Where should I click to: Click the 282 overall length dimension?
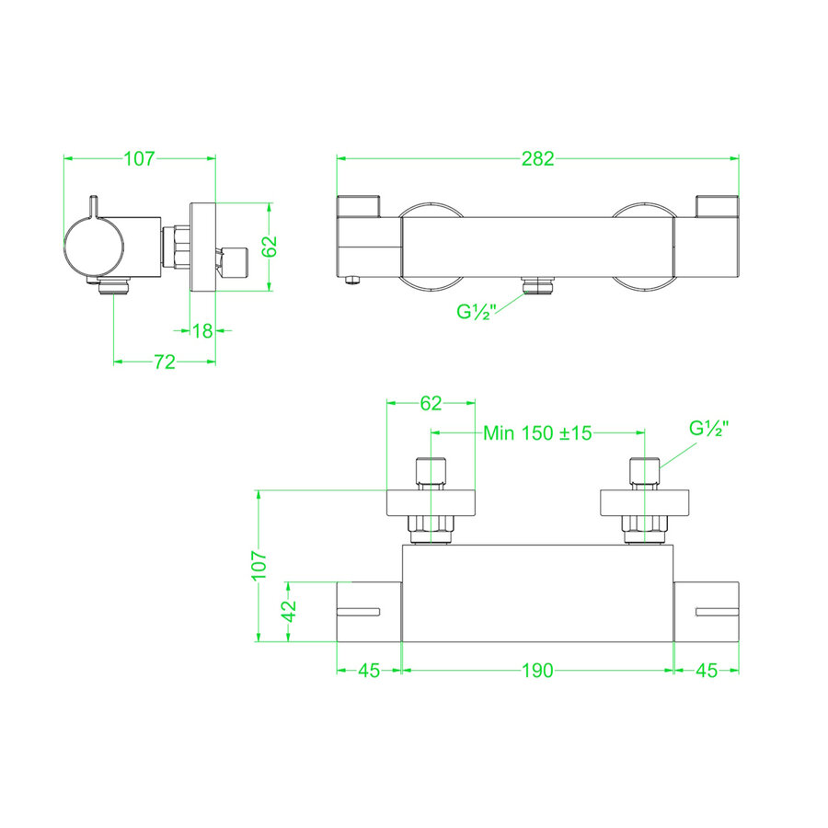tap(538, 158)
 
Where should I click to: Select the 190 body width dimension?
tap(538, 671)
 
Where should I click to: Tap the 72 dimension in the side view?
tap(164, 362)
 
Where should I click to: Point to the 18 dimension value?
tap(202, 330)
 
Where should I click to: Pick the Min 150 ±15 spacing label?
tap(537, 432)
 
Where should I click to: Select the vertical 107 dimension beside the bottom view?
tap(259, 564)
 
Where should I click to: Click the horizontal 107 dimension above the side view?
tap(138, 158)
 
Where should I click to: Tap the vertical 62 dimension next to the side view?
tap(269, 247)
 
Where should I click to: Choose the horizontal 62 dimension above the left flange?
tap(431, 402)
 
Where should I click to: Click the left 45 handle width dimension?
tap(369, 671)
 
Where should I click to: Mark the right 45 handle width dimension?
tap(707, 671)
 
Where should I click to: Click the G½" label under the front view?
tap(477, 311)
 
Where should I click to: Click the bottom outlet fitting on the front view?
tap(538, 287)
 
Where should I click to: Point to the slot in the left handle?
tap(360, 611)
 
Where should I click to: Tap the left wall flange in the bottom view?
tap(431, 502)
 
